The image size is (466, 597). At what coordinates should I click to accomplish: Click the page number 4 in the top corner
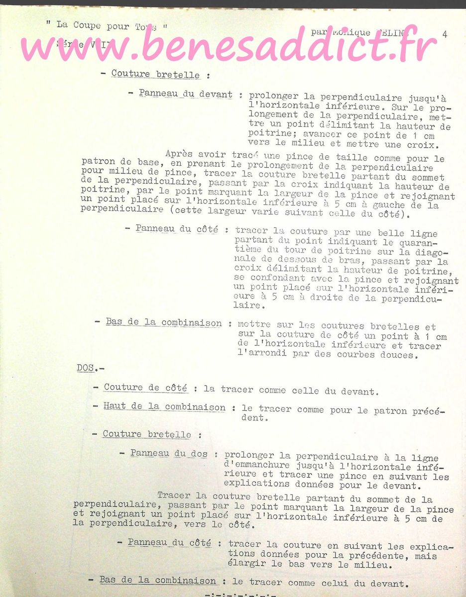pos(444,34)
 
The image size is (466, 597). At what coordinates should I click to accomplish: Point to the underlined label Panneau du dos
pos(169,454)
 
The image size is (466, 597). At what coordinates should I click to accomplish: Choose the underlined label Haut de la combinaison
pos(164,407)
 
